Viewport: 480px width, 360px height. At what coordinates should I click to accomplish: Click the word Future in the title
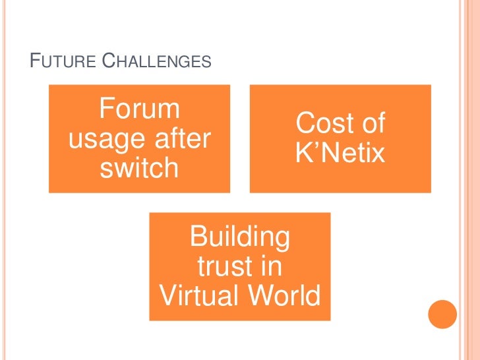tap(64, 63)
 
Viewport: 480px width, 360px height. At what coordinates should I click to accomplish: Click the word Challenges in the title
tap(158, 63)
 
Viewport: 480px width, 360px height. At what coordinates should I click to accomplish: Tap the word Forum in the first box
tap(140, 108)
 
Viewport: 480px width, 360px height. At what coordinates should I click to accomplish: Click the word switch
tap(139, 169)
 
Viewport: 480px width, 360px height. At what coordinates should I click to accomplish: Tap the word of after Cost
tap(372, 123)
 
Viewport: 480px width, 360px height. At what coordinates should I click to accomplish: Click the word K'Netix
tap(340, 154)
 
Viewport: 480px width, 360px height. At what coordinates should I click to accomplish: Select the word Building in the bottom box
tap(239, 236)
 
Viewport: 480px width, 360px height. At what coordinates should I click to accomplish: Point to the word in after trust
tap(270, 266)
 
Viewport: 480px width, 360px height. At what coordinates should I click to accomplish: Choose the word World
tap(284, 297)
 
